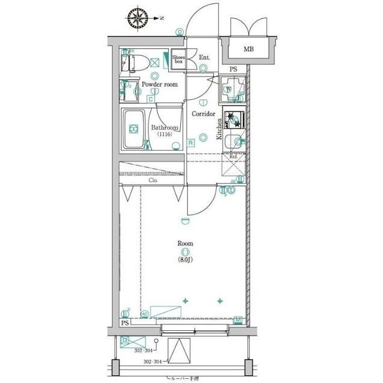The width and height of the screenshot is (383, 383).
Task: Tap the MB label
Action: (247, 49)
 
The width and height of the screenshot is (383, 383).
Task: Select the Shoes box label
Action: (178, 59)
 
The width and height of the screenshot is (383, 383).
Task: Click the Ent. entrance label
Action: (204, 57)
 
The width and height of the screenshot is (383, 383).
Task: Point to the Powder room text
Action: (159, 85)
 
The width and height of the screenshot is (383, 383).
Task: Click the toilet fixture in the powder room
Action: (136, 60)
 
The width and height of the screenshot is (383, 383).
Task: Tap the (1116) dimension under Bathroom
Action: (165, 135)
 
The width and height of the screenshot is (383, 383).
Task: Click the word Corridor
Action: (203, 114)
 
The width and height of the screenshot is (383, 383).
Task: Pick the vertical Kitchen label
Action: (220, 129)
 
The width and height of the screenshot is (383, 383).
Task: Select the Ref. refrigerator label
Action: (233, 156)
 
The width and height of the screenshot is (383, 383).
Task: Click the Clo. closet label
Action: (153, 180)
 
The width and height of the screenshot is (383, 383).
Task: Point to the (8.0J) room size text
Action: (184, 260)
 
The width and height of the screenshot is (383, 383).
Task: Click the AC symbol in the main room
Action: (144, 313)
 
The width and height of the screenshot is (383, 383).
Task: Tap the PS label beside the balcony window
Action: (124, 323)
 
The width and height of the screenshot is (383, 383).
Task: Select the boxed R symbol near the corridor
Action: (190, 142)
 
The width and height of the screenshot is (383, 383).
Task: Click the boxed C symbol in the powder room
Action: (150, 99)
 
